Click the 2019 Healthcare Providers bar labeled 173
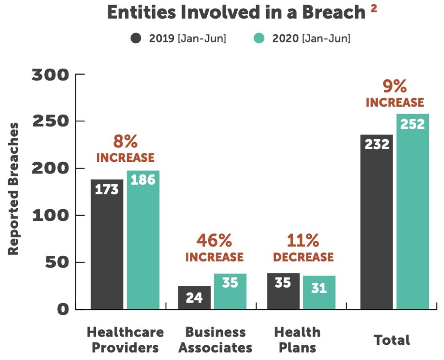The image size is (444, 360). (107, 244)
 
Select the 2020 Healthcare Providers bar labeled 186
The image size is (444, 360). (143, 239)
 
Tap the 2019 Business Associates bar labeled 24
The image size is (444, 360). (195, 298)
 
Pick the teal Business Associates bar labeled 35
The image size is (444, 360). (230, 291)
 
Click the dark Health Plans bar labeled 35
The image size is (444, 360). (284, 291)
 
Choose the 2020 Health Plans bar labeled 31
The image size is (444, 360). (319, 292)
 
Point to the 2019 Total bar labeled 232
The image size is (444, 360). (377, 222)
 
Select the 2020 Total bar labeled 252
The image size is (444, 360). (413, 212)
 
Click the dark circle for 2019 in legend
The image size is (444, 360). (136, 38)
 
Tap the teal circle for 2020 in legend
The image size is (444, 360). (259, 38)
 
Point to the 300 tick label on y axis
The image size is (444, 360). (50, 75)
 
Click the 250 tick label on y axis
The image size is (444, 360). (51, 121)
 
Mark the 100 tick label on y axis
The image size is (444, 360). (51, 216)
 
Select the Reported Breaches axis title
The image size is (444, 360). (13, 189)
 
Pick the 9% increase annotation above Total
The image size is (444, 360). (395, 94)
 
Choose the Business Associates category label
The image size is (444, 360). (215, 340)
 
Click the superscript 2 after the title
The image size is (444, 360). (374, 9)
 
